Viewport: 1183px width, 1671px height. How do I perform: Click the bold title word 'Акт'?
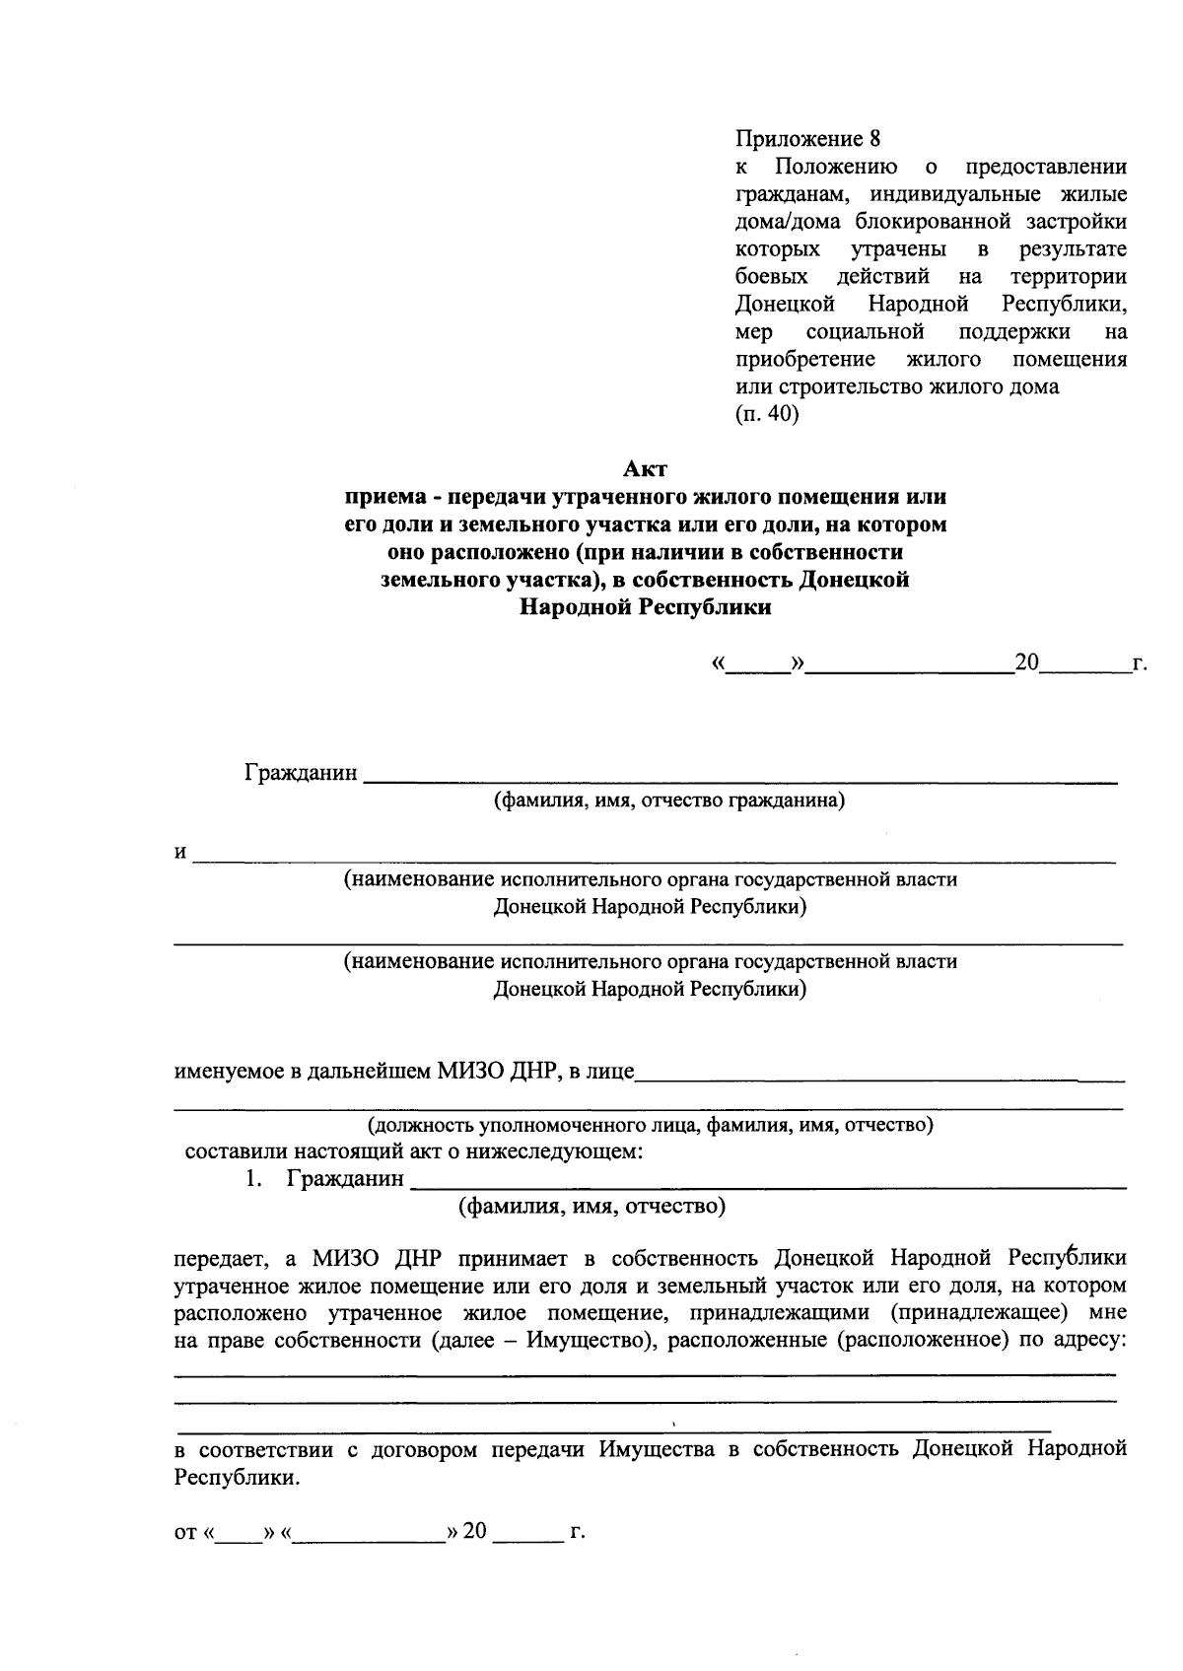(x=646, y=468)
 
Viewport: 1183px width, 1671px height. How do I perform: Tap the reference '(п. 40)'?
(x=767, y=414)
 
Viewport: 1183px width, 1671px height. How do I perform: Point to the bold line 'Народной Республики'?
(x=646, y=607)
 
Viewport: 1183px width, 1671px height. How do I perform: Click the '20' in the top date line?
(x=1026, y=662)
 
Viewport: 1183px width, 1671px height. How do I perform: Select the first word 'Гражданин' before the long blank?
(x=301, y=773)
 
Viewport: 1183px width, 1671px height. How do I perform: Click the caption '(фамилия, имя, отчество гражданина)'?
(x=669, y=801)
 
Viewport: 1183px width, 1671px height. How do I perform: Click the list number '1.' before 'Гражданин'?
(x=254, y=1178)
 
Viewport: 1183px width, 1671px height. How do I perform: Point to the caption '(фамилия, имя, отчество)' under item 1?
(x=591, y=1205)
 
